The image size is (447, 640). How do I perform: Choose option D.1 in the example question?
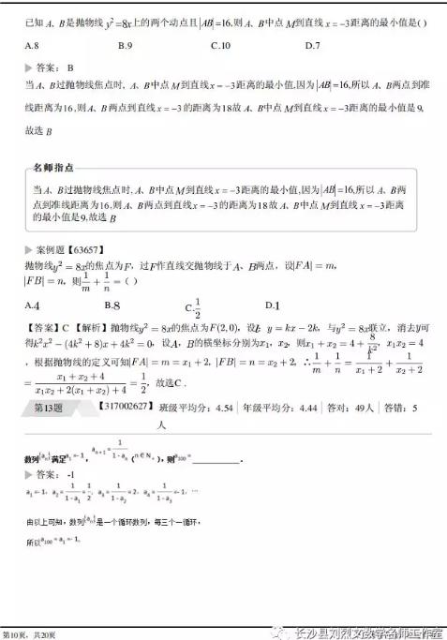tap(273, 305)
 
